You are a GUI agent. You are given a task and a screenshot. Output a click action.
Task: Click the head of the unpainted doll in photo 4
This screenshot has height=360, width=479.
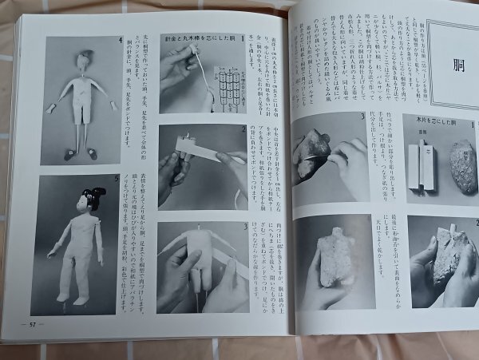(x=85, y=59)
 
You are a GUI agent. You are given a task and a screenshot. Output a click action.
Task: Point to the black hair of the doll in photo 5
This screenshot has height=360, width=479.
(x=93, y=197)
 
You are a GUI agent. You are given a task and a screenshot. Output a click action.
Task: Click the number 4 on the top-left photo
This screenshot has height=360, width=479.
(x=120, y=41)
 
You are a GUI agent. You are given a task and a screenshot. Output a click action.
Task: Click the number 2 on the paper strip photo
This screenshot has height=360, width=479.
(x=244, y=129)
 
